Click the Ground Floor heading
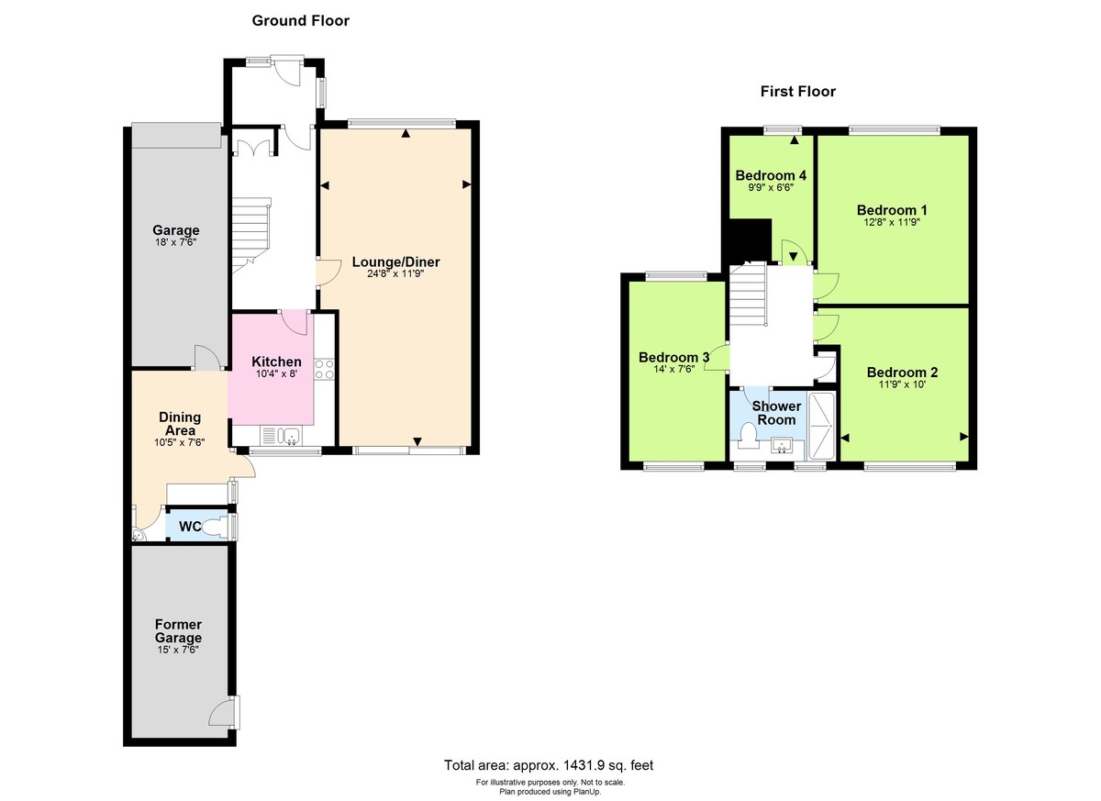(x=300, y=20)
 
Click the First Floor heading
(x=797, y=91)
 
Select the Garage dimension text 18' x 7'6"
(x=175, y=243)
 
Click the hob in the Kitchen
(x=324, y=369)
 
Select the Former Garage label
(x=178, y=631)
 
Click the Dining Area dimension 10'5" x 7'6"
(x=180, y=442)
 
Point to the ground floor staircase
(x=249, y=235)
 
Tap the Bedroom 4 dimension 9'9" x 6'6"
(x=770, y=187)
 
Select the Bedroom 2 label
(x=902, y=372)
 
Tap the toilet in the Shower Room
(x=746, y=434)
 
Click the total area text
(x=549, y=765)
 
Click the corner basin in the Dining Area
(x=139, y=535)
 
